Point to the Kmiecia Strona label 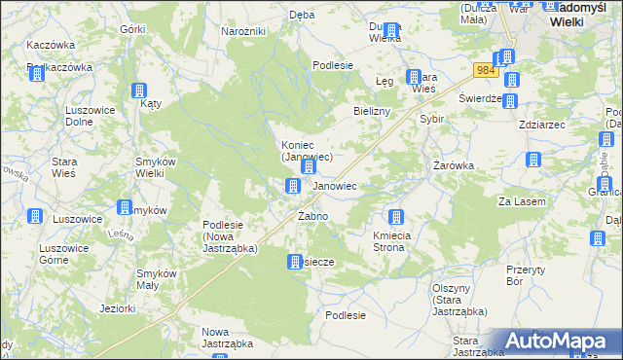395,242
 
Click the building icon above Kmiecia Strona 396,218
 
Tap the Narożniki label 243,32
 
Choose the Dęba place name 302,15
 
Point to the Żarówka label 454,165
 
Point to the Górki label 132,29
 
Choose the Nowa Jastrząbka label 227,338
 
